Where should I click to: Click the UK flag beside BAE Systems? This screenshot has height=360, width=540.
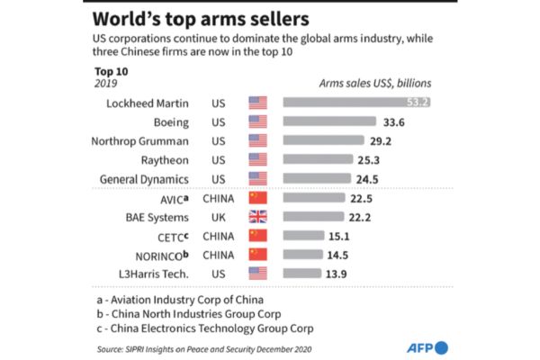(x=258, y=217)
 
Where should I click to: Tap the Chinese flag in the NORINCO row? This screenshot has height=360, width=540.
(x=258, y=256)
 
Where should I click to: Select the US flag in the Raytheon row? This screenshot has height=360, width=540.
(x=258, y=159)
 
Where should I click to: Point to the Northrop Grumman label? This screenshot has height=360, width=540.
(x=139, y=140)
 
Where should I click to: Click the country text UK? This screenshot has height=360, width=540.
(x=219, y=217)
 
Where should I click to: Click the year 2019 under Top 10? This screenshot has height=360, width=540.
(x=107, y=83)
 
